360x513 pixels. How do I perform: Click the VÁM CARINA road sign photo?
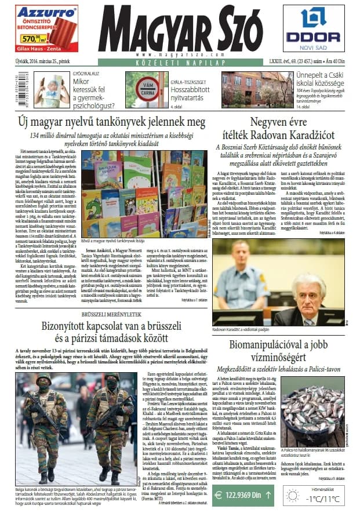[143, 90]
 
